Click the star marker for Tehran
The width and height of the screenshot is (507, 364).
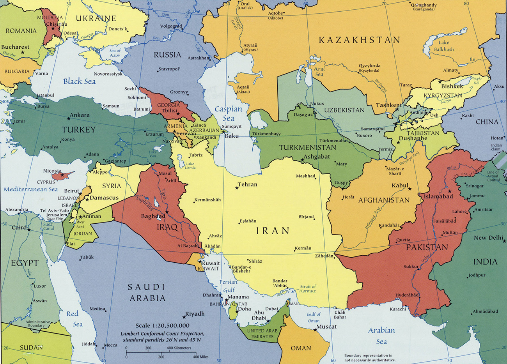237,188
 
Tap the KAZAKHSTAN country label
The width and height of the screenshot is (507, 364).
359,40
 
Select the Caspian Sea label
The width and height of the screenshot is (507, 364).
229,113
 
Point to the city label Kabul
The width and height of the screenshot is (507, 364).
400,186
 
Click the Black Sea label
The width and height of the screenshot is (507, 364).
79,81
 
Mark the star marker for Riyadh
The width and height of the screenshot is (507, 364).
181,315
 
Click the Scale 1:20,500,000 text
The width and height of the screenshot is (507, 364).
162,325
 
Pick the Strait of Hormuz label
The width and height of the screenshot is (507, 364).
308,289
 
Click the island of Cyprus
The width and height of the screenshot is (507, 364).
63,175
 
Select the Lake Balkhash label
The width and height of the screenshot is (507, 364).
444,46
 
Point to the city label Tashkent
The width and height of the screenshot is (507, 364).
388,105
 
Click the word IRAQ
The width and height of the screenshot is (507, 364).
167,227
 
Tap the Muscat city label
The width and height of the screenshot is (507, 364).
326,327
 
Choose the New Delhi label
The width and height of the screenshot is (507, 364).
488,238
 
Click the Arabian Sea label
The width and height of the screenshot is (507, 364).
381,335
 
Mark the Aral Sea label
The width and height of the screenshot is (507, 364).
319,71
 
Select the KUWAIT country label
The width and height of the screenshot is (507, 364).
208,269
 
